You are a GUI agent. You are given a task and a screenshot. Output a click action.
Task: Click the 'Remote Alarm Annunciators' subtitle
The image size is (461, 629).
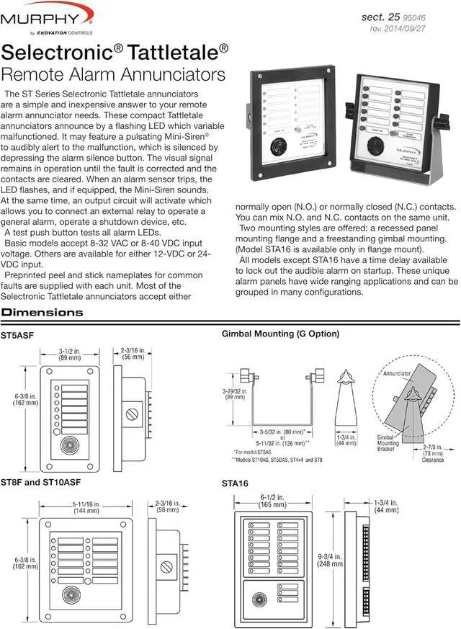click(114, 74)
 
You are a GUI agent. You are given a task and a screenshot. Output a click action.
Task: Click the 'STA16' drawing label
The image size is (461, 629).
click(235, 483)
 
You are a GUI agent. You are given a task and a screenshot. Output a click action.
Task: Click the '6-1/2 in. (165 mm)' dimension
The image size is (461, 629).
click(278, 501)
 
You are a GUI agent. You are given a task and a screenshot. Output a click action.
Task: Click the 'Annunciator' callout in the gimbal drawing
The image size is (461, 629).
click(398, 375)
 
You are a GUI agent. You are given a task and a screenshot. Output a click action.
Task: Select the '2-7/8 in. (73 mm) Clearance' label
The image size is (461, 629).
click(433, 452)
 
